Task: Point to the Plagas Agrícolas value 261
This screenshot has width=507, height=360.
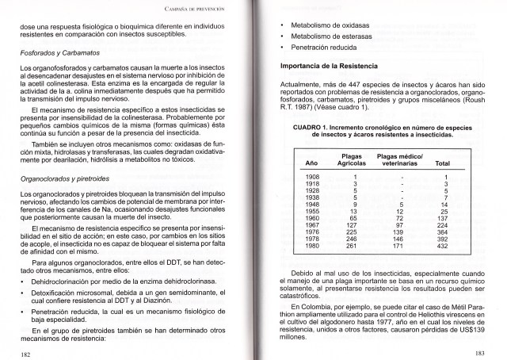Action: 353,246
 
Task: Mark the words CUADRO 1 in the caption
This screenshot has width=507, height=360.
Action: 313,127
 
